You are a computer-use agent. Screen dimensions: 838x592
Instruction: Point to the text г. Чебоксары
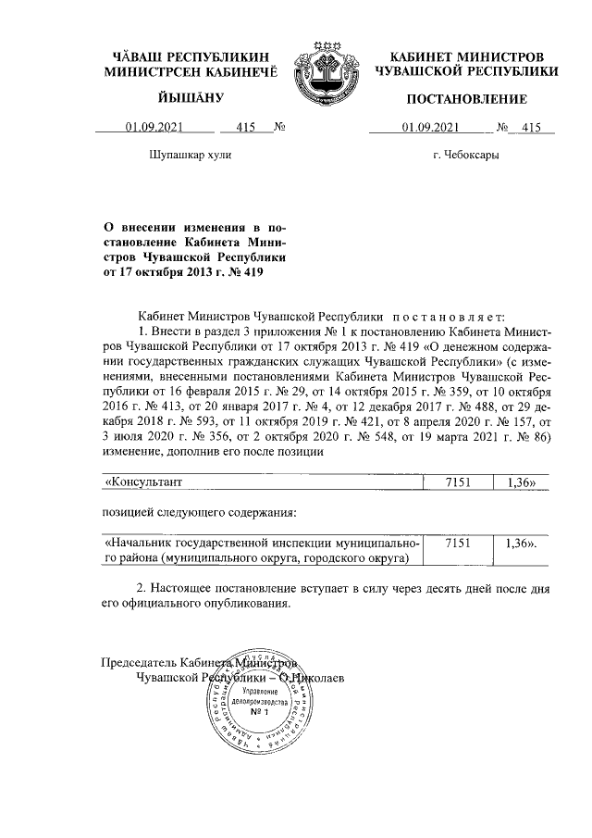[x=464, y=156]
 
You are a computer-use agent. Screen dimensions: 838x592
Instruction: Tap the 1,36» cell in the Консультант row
[x=514, y=482]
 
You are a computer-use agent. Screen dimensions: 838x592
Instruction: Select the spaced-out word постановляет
[x=444, y=316]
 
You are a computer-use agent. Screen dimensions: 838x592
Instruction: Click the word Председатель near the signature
[x=140, y=663]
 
